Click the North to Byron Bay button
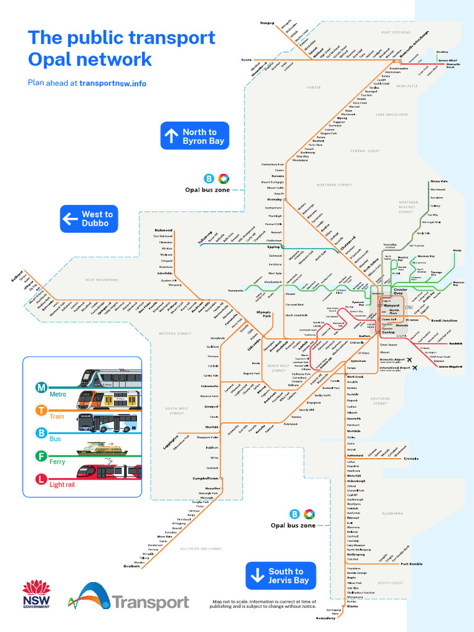pyautogui.click(x=194, y=136)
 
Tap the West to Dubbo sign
pyautogui.click(x=89, y=219)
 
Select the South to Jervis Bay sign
pyautogui.click(x=281, y=576)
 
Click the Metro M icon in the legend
pyautogui.click(x=41, y=388)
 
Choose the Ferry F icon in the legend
pyautogui.click(x=41, y=456)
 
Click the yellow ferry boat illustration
pyautogui.click(x=102, y=449)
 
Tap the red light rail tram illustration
pyautogui.click(x=109, y=472)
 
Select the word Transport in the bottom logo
pyautogui.click(x=150, y=602)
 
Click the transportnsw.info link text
pyautogui.click(x=113, y=83)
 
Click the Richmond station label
pyautogui.click(x=164, y=230)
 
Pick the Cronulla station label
pyautogui.click(x=412, y=459)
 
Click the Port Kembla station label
pyautogui.click(x=411, y=564)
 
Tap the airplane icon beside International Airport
pyautogui.click(x=415, y=368)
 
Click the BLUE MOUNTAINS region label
pyautogui.click(x=102, y=280)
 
